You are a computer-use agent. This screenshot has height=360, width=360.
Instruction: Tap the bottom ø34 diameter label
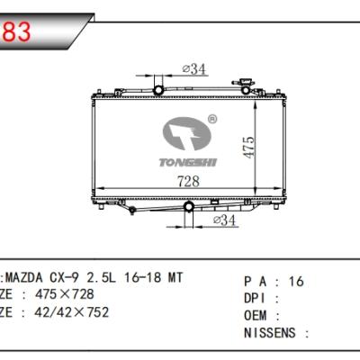point(224,220)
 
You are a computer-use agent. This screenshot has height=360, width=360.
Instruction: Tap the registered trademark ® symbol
point(211,118)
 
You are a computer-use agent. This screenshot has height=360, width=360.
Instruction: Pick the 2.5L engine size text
point(114,278)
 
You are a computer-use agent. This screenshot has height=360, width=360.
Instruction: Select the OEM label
point(258,314)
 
